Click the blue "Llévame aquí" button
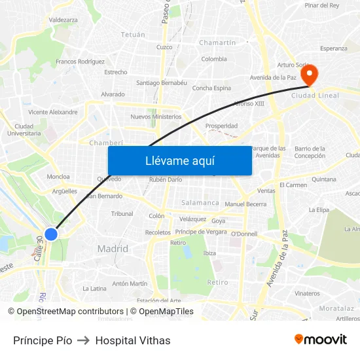(179, 160)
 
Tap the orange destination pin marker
(312, 75)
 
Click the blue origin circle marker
(51, 234)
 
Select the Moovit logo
(321, 340)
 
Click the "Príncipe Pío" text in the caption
(43, 340)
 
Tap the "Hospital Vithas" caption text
(133, 340)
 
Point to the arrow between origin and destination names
(83, 340)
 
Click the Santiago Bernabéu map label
(162, 83)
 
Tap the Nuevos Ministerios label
(156, 117)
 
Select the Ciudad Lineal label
(316, 96)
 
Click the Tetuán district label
(133, 34)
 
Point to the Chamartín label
(217, 43)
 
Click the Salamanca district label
(200, 203)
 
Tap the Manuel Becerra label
(245, 204)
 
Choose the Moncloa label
(58, 177)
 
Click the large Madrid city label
(113, 249)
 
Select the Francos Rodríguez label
(81, 62)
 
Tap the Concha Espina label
(211, 88)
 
